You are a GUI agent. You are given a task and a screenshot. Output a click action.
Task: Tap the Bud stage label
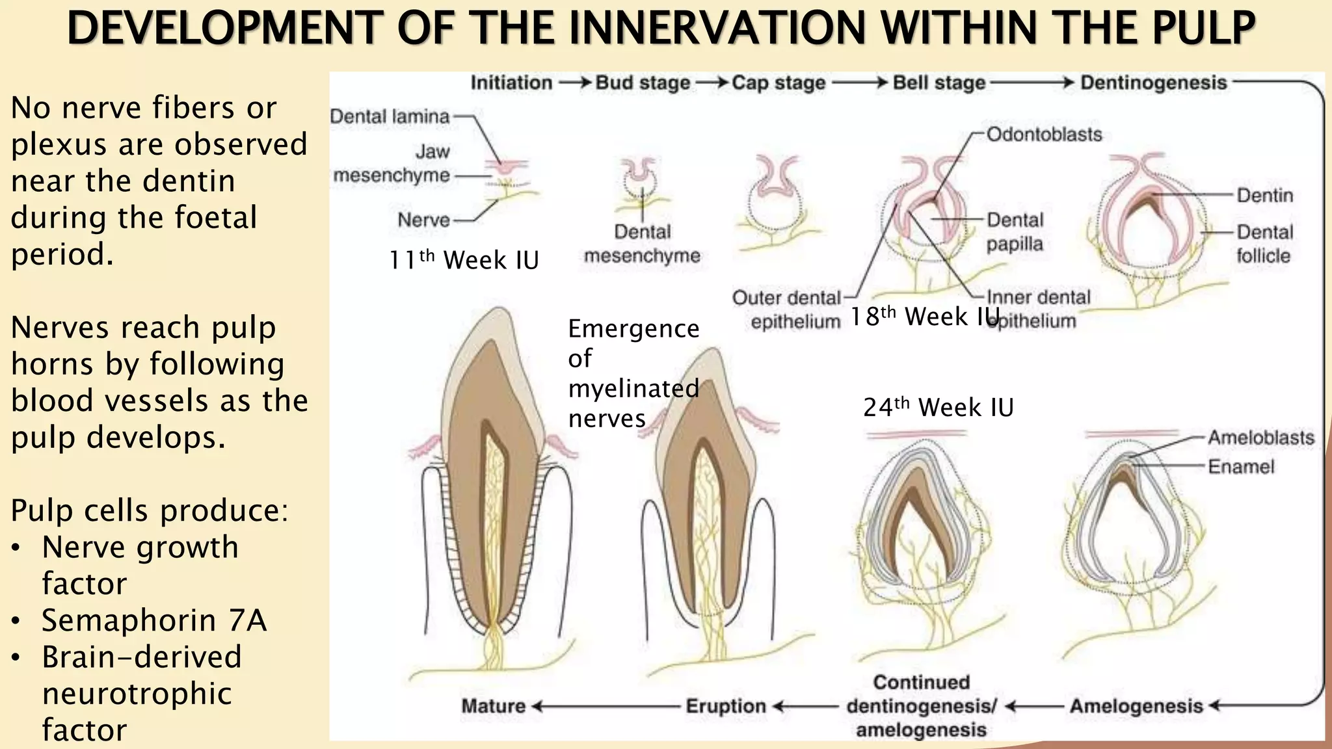(x=643, y=83)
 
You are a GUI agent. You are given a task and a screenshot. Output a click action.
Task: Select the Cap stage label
(x=779, y=83)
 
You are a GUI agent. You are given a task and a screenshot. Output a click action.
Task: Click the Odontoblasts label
(x=1045, y=135)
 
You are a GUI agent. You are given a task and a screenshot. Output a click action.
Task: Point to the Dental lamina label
(x=390, y=117)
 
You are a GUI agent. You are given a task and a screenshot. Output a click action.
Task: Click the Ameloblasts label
(x=1261, y=438)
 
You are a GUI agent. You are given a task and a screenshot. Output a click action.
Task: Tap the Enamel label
(x=1241, y=467)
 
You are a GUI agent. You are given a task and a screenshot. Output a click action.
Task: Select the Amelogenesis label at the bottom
(x=1136, y=706)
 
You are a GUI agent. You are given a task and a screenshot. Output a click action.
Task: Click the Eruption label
(x=726, y=706)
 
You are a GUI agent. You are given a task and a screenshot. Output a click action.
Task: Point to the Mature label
(x=494, y=706)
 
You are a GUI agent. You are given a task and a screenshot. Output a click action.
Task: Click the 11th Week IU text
(x=464, y=260)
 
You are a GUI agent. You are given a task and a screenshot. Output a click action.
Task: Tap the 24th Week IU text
(x=939, y=408)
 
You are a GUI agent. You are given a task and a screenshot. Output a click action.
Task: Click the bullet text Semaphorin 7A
(x=154, y=620)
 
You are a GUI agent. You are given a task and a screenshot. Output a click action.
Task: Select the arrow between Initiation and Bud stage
(x=574, y=83)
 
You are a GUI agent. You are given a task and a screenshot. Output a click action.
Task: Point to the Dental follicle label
(x=1264, y=244)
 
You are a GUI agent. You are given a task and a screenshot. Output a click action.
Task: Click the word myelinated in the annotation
(x=633, y=389)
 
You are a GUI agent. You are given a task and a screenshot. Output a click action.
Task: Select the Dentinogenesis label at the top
(x=1153, y=83)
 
